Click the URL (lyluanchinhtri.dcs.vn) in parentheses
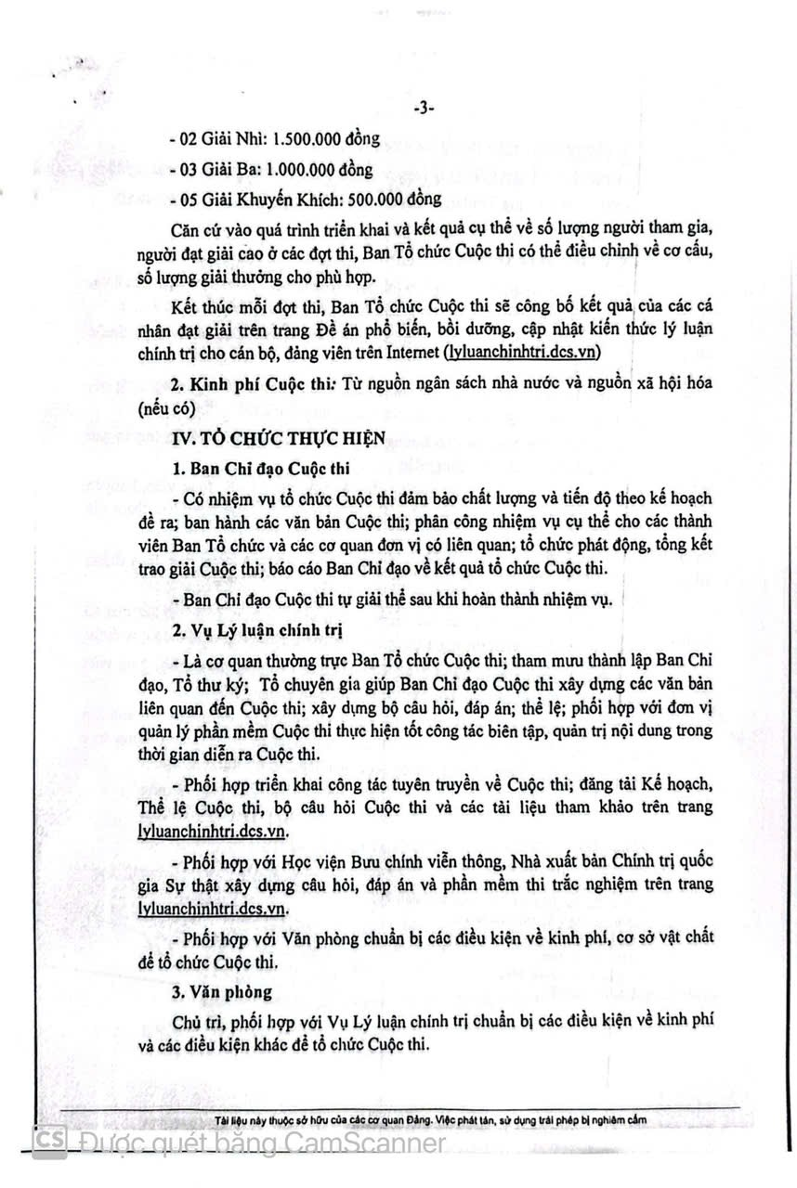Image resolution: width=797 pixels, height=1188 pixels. [x=522, y=351]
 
